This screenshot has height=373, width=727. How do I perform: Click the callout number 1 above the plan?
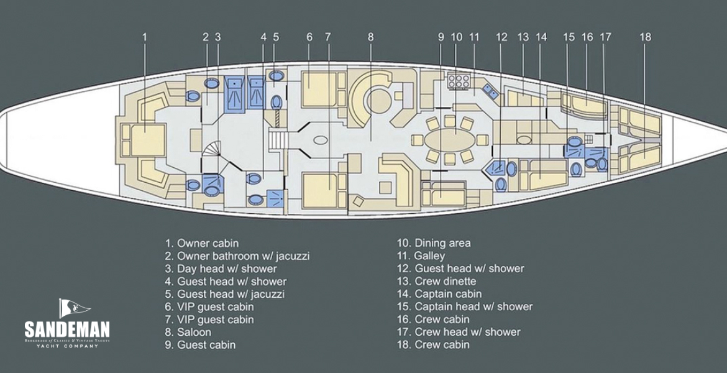click(x=145, y=37)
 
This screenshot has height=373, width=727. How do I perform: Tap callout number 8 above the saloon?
click(x=370, y=37)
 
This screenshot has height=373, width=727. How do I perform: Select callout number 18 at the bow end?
click(x=645, y=37)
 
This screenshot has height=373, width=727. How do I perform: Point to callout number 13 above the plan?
click(x=523, y=37)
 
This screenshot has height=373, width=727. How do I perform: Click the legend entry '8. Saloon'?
click(x=188, y=332)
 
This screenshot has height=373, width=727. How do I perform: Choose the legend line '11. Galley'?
click(x=421, y=256)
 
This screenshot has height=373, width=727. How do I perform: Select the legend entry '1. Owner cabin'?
click(x=201, y=243)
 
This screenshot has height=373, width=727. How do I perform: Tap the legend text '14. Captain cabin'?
click(x=439, y=294)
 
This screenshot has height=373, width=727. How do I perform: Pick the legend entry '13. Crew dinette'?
click(x=437, y=281)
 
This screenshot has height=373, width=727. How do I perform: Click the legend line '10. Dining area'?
click(x=434, y=243)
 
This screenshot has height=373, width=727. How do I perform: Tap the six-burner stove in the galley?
click(x=457, y=81)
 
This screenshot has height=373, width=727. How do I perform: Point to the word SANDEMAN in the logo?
click(x=67, y=329)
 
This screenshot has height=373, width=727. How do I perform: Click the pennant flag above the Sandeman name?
click(x=73, y=307)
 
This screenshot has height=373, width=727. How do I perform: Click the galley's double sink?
click(x=489, y=91)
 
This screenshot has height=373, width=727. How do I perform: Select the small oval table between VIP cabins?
click(x=322, y=141)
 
